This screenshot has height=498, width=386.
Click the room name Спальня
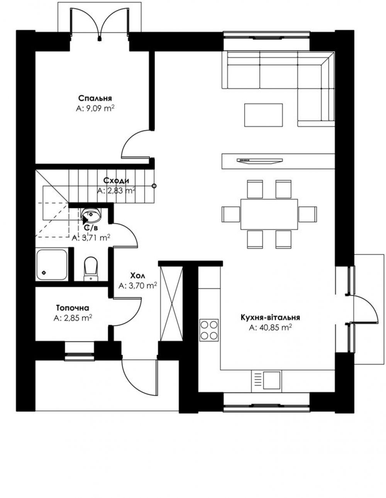click(95, 98)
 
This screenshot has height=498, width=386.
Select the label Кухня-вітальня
click(270, 317)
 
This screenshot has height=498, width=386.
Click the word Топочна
click(73, 308)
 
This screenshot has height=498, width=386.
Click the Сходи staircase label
click(116, 181)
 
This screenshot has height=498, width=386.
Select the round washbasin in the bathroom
click(91, 215)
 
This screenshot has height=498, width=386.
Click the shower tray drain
click(44, 273)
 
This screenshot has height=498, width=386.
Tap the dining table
click(269, 214)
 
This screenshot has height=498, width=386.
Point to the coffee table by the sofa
click(263, 115)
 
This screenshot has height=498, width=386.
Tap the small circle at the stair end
click(154, 186)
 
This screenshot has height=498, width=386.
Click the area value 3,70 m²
click(138, 286)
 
